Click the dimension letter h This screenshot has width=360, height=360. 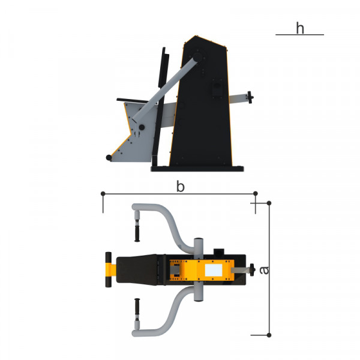click(300, 28)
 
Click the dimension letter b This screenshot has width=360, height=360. click(180, 186)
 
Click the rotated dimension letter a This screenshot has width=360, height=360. click(264, 270)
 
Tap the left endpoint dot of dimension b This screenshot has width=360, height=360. click(103, 194)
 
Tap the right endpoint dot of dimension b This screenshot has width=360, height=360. click(256, 194)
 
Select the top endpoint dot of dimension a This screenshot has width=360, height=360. click(269, 203)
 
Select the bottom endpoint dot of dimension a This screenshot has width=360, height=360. click(269, 335)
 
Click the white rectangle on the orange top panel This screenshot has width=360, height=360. click(214, 270)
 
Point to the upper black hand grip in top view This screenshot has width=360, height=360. click(137, 233)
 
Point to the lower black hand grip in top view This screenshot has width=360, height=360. click(137, 307)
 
